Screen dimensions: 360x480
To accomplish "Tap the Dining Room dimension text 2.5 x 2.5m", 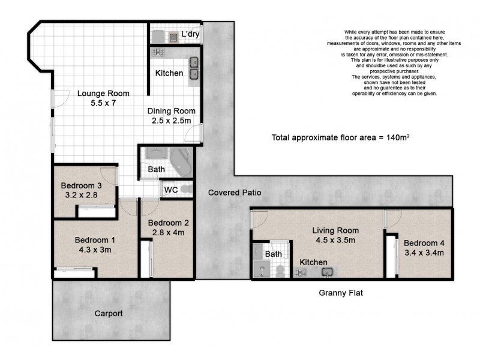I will click(172, 121).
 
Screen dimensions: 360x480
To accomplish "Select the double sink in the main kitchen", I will click(194, 68).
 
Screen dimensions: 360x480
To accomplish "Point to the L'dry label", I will click(190, 34).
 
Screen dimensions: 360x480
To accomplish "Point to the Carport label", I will click(109, 313).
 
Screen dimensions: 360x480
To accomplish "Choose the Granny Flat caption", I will click(340, 293).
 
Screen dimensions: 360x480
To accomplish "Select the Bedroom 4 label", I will click(424, 242).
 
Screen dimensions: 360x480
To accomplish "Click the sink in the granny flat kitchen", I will click(328, 272).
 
